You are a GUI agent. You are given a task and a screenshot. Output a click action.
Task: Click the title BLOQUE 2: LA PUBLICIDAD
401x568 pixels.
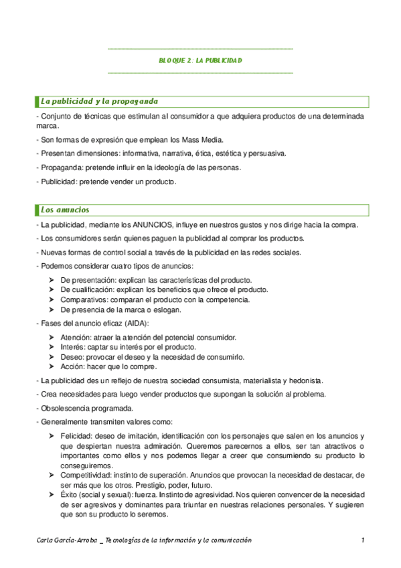click(200, 60)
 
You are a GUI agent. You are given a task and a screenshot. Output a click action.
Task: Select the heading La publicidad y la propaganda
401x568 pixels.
click(99, 102)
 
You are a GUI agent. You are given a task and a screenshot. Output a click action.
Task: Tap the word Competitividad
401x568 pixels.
click(84, 475)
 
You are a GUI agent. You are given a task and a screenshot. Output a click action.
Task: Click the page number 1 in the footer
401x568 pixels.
click(362, 541)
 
